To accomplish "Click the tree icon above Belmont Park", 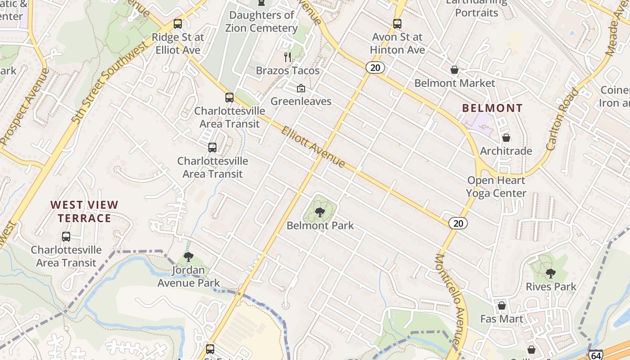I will (x=320, y=212).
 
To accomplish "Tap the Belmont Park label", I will (x=320, y=225).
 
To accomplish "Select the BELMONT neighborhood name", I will (x=492, y=108).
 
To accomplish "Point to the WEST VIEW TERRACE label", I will (x=84, y=211).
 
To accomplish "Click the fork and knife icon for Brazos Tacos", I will (x=288, y=57).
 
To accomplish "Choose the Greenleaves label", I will (x=301, y=101).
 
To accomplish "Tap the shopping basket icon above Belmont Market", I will (x=454, y=70).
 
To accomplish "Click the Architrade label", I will (x=506, y=151).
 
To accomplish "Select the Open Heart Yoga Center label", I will (x=496, y=187).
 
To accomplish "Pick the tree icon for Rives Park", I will (x=550, y=273).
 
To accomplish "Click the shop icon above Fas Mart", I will (x=502, y=306).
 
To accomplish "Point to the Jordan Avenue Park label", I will (x=189, y=277).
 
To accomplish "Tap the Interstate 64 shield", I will (x=596, y=355).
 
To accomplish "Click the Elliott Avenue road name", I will (x=313, y=147).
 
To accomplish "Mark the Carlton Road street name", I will (x=562, y=119).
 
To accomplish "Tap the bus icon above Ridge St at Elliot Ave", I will (x=178, y=24).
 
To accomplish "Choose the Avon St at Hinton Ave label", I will (x=397, y=43).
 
